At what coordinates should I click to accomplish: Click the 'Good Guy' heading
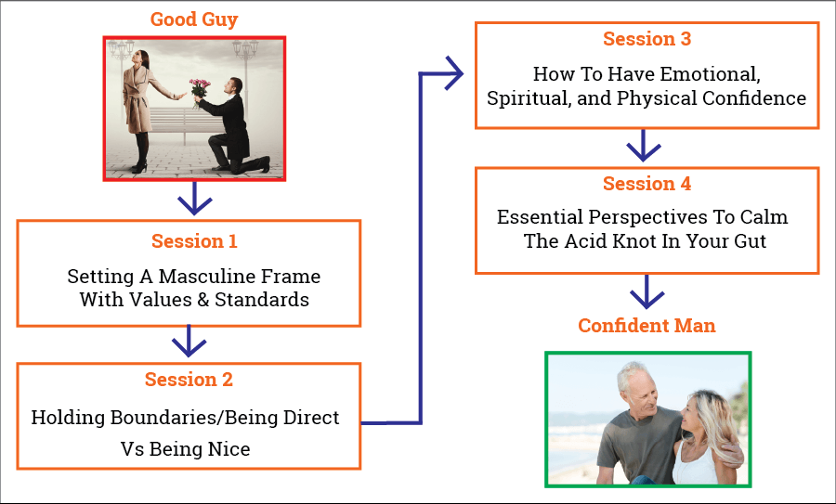pos(194,19)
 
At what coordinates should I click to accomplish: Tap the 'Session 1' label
pos(194,240)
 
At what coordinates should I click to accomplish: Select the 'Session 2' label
pos(189,380)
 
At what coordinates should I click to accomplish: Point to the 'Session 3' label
pos(647,38)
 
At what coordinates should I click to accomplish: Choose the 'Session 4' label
pos(647,183)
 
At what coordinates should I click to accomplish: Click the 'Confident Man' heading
pos(647,325)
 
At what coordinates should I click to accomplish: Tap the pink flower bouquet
pos(200,89)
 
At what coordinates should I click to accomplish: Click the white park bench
pos(184,122)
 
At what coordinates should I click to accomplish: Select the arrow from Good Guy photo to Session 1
pos(195,199)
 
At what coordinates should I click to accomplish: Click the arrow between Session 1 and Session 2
pos(189,341)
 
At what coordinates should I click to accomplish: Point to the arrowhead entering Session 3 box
pos(454,73)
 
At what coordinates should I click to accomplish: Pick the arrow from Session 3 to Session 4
pos(644,146)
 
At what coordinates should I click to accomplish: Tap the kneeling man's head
pos(234,85)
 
